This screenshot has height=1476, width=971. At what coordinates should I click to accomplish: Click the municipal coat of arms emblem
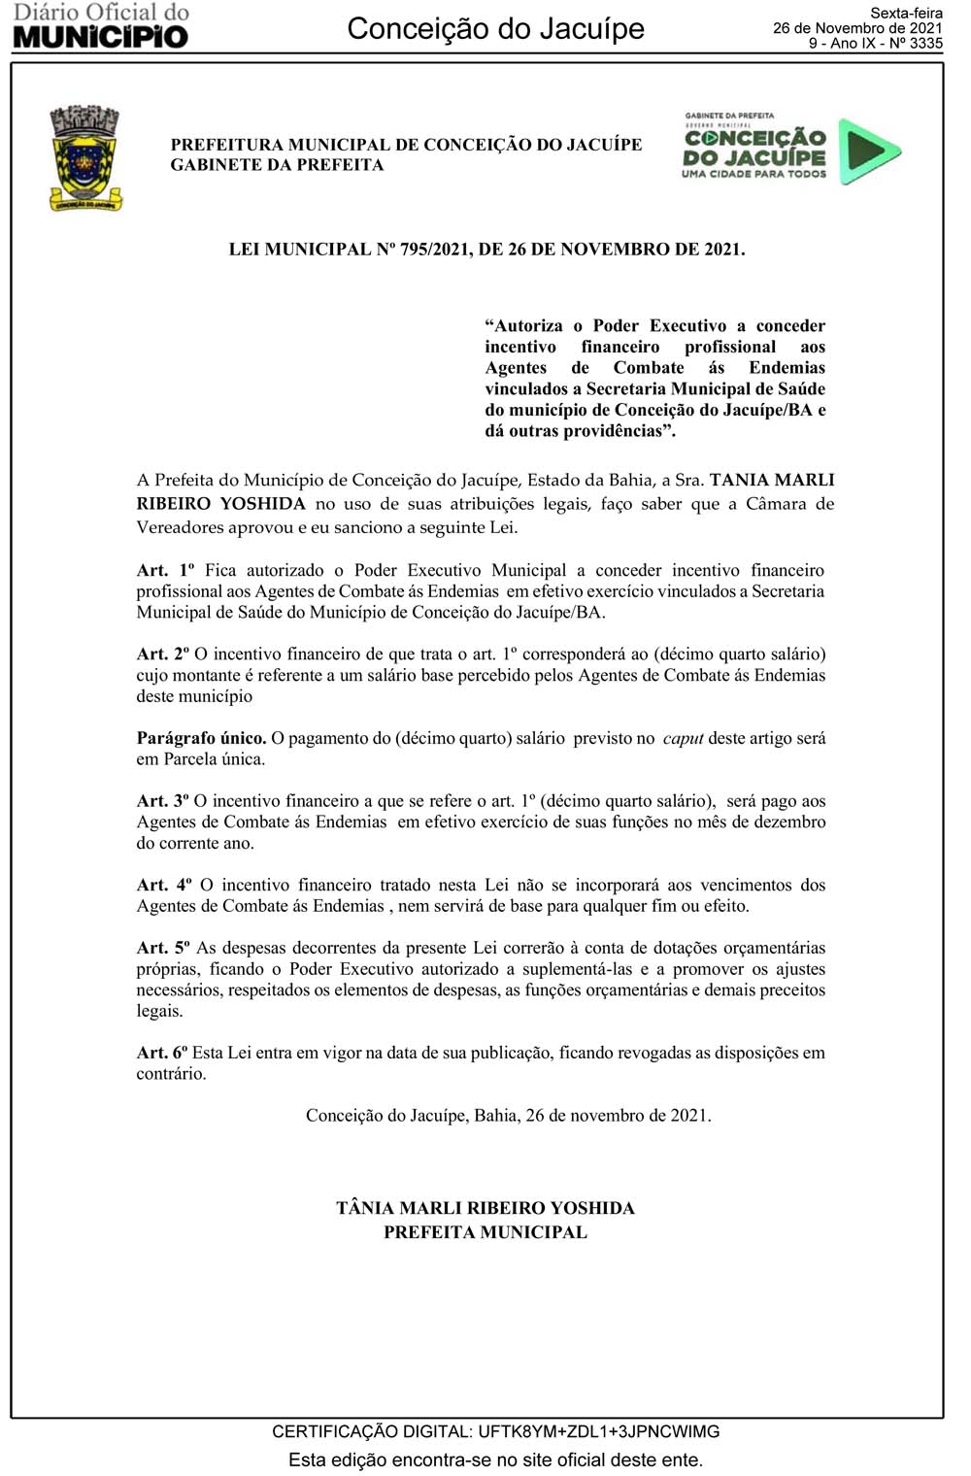(x=85, y=159)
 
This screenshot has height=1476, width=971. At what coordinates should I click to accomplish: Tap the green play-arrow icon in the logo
(x=868, y=151)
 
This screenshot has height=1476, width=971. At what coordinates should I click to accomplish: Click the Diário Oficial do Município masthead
(x=100, y=26)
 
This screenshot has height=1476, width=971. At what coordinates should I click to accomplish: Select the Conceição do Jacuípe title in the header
(x=495, y=29)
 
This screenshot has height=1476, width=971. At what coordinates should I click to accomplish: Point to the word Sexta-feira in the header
(x=906, y=14)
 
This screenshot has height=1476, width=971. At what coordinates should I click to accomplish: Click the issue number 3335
(x=925, y=44)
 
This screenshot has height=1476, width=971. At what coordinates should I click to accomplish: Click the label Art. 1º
(x=162, y=571)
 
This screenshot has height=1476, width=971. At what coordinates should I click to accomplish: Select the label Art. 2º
(x=162, y=654)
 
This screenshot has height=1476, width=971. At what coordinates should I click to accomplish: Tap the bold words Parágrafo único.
(x=201, y=738)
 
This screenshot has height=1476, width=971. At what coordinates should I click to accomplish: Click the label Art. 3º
(x=162, y=801)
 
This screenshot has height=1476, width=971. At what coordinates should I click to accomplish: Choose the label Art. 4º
(x=162, y=885)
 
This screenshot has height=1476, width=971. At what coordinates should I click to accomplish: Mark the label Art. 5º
(x=162, y=948)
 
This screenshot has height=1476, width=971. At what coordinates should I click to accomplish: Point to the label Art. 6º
(x=161, y=1053)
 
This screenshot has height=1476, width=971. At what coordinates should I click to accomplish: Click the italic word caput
(x=683, y=739)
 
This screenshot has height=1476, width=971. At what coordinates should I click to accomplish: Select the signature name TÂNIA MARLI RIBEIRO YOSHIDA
(x=485, y=1208)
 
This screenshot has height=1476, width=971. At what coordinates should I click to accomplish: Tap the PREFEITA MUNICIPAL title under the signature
(x=485, y=1232)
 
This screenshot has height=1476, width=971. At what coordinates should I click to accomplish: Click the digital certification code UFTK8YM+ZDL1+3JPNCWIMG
(x=599, y=1431)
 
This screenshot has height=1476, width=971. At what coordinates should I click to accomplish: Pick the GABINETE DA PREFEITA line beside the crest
(x=277, y=165)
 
